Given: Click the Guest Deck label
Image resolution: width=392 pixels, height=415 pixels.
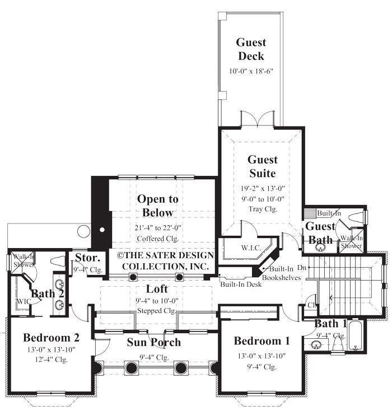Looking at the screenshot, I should pyautogui.click(x=251, y=49).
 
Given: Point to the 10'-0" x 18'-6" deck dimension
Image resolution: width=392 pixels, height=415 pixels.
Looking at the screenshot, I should pyautogui.click(x=251, y=72).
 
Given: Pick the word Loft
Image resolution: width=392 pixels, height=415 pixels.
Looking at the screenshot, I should pyautogui.click(x=157, y=289).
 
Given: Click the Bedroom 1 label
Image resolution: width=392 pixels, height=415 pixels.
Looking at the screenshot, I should pyautogui.click(x=262, y=341).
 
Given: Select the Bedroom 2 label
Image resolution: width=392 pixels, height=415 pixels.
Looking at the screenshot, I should pyautogui.click(x=51, y=337).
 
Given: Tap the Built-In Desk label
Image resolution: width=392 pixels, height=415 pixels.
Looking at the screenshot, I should pyautogui.click(x=241, y=285).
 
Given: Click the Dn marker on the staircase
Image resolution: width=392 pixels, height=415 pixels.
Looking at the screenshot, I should pyautogui.click(x=302, y=268).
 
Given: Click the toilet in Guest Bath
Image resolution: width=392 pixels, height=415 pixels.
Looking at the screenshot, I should pyautogui.click(x=356, y=217).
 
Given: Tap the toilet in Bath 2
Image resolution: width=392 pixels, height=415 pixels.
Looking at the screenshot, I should pyautogui.click(x=58, y=260).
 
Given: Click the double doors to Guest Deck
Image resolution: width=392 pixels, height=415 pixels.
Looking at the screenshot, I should pyautogui.click(x=257, y=119).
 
